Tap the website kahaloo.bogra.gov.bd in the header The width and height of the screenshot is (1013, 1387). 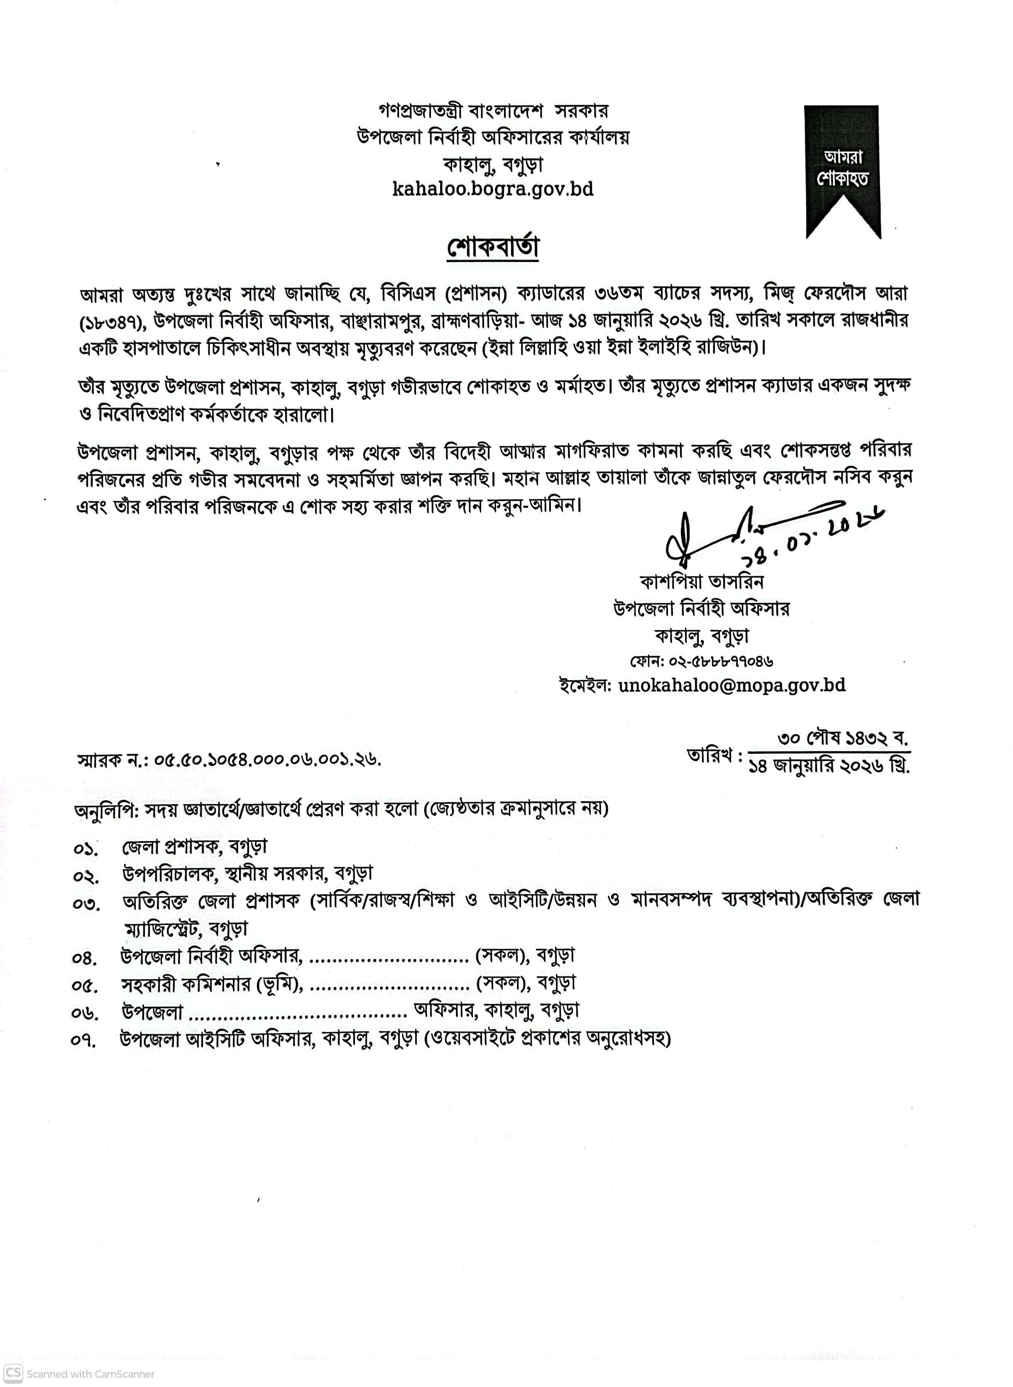click(493, 189)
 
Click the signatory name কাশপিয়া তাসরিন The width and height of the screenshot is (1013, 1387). click(702, 581)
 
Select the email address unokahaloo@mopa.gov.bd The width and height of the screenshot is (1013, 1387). click(732, 685)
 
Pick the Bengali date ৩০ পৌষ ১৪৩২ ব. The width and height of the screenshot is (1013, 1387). click(843, 738)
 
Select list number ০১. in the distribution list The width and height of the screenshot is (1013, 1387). click(85, 849)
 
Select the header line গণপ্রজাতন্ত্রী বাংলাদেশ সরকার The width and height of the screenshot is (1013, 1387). click(493, 111)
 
